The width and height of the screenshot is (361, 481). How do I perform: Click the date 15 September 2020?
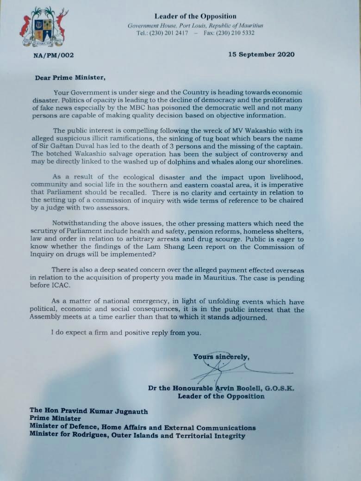(x=261, y=55)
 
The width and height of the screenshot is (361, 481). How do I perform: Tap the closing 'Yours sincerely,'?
(x=221, y=357)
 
